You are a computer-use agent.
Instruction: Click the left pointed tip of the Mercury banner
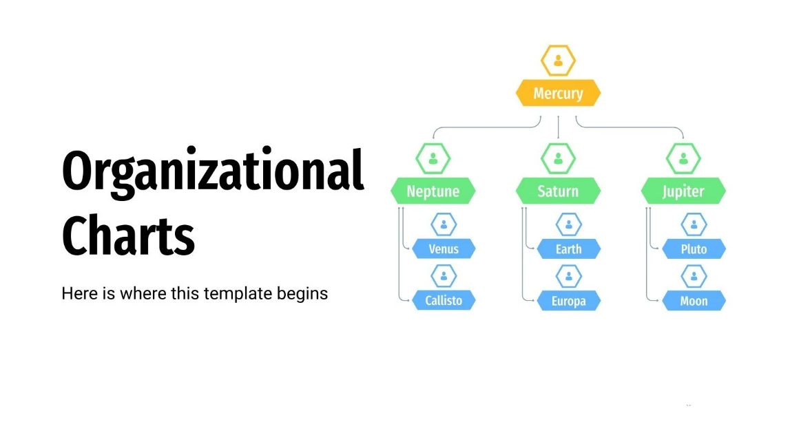pyautogui.click(x=516, y=93)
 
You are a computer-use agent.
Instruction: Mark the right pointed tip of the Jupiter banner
pyautogui.click(x=726, y=191)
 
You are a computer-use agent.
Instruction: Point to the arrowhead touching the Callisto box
pyautogui.click(x=408, y=300)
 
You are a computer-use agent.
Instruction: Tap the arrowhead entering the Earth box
pyautogui.click(x=534, y=249)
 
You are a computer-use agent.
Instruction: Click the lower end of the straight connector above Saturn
pyautogui.click(x=559, y=138)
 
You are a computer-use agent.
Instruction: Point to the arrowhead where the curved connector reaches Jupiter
pyautogui.click(x=683, y=137)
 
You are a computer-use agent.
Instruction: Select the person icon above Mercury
pyautogui.click(x=559, y=61)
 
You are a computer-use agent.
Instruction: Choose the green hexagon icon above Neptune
pyautogui.click(x=433, y=158)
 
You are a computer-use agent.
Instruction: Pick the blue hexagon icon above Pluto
pyautogui.click(x=694, y=224)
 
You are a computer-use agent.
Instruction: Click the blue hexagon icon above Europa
pyautogui.click(x=569, y=277)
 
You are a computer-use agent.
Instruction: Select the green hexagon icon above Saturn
pyautogui.click(x=559, y=158)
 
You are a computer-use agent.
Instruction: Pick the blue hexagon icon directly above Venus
pyautogui.click(x=444, y=224)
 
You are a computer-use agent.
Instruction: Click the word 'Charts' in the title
pyautogui.click(x=129, y=235)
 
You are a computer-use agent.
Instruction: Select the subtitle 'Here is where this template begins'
pyautogui.click(x=194, y=293)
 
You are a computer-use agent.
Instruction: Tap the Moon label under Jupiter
pyautogui.click(x=694, y=301)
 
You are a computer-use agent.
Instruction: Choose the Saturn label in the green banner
pyautogui.click(x=559, y=191)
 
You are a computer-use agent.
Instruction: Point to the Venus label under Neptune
pyautogui.click(x=444, y=249)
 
